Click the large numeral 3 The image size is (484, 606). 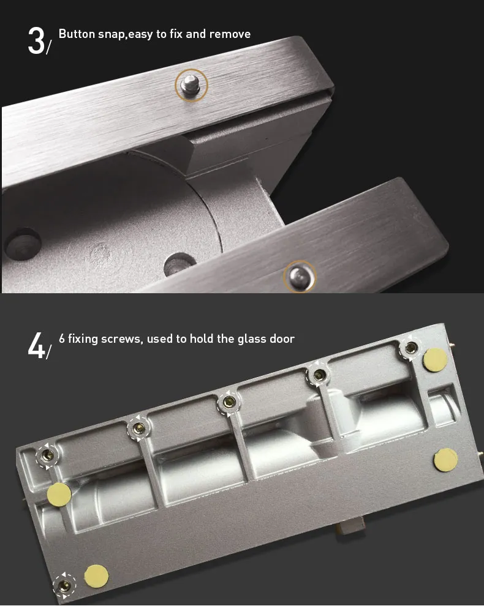point(37,40)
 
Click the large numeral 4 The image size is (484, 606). point(36,345)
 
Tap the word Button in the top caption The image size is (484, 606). point(77,34)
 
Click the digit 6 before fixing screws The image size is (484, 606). point(62,339)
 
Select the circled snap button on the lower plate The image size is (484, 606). point(300,276)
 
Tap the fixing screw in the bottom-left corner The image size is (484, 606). point(64,586)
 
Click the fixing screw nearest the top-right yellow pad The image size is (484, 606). point(410,348)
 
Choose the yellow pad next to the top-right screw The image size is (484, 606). point(435,360)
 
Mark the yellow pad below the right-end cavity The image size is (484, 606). point(445,460)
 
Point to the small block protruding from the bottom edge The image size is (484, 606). point(352,526)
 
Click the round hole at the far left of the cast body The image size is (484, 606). point(23,244)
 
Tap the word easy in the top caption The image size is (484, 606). point(140,35)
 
